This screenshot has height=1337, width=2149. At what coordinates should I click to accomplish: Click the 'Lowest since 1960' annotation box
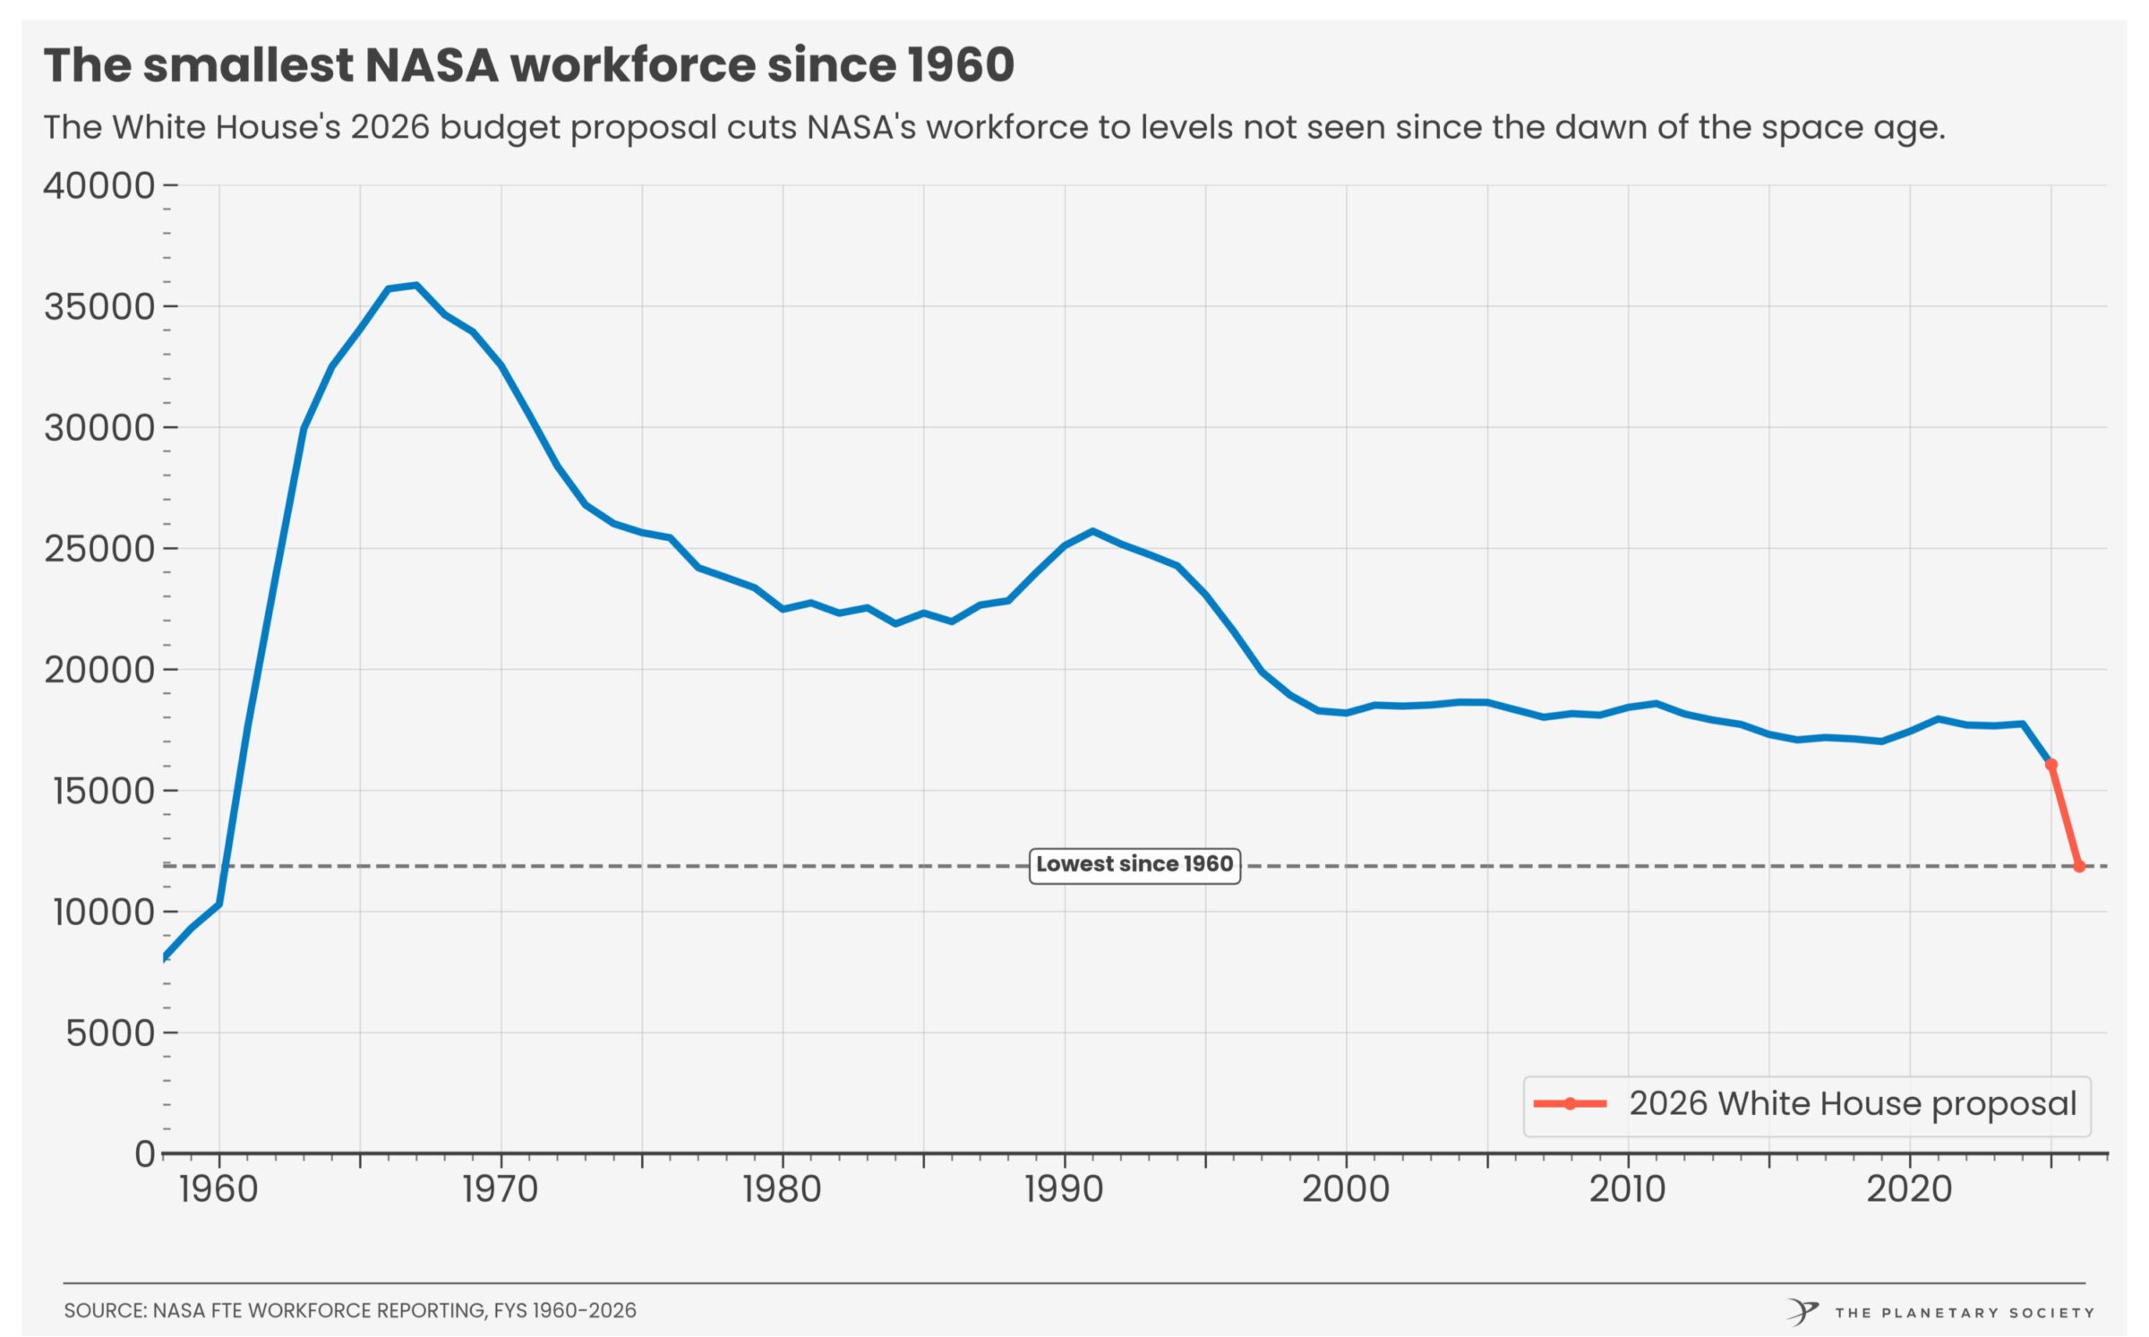1134,865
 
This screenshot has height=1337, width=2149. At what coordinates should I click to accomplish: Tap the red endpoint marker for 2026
2079,866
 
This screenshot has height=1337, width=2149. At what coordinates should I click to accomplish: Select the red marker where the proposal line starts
2051,765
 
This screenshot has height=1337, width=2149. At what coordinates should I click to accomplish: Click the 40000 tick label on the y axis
99,185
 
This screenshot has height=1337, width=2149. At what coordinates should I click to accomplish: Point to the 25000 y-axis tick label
99,549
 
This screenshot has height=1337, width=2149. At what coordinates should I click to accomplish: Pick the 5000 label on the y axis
110,1033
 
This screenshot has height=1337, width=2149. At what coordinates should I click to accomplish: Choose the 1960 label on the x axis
218,1189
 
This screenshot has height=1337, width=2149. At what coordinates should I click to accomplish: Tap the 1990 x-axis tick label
1064,1189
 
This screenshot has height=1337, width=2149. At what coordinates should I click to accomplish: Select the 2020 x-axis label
1909,1189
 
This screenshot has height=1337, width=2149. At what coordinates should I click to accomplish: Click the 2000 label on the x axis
1346,1189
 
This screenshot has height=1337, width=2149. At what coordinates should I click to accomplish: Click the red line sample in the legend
1570,1103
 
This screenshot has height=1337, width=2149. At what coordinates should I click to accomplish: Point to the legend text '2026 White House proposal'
1852,1103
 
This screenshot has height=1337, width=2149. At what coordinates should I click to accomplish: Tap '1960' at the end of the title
960,65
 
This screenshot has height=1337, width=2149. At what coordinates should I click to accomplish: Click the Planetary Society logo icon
1802,1312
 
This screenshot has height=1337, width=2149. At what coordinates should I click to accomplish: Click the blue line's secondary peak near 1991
1092,531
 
